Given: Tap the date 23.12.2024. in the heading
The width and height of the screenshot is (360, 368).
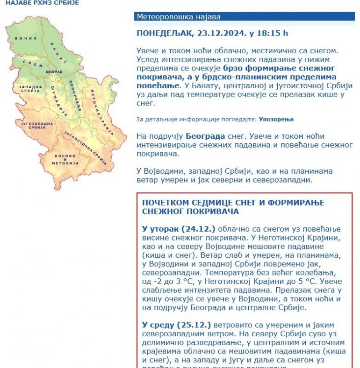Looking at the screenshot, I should [224, 33].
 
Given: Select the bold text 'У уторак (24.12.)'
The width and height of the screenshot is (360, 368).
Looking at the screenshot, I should [179, 229].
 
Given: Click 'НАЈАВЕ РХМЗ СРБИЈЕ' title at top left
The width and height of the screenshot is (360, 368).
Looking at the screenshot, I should [42, 3].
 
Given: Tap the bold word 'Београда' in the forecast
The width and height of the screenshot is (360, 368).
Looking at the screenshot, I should [205, 137].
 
